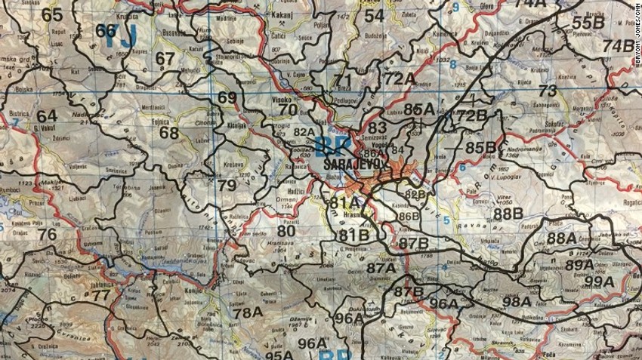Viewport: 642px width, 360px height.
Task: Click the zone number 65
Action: pos(52,14)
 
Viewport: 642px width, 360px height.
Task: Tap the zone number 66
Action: pos(107,31)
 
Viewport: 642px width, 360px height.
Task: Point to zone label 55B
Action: pos(588,23)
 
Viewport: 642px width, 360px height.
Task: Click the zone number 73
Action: pos(548,91)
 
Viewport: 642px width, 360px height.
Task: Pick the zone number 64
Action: pos(47,115)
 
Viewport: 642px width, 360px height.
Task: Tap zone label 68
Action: pos(169,133)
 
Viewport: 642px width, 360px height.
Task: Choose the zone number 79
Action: pos(227,186)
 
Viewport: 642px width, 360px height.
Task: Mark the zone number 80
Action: pos(286,231)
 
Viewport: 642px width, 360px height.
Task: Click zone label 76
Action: pos(47,234)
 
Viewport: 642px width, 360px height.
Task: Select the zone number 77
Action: pos(101,295)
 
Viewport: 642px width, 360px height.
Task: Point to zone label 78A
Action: pos(248,312)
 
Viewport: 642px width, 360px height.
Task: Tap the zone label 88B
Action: pos(508,214)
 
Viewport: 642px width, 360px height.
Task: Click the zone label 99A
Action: pos(599,282)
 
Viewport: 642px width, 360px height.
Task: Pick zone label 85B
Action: pos(480,147)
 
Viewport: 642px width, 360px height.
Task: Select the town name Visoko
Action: pos(282,99)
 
